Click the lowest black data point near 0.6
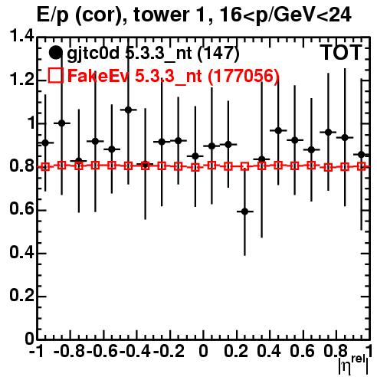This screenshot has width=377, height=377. (244, 211)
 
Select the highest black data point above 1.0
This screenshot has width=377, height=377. (128, 110)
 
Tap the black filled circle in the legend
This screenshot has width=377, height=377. (55, 53)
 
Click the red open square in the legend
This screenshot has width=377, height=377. (55, 75)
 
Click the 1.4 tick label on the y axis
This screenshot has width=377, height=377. (21, 37)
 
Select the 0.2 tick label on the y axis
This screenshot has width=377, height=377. (21, 296)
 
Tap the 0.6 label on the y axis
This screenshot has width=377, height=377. (21, 209)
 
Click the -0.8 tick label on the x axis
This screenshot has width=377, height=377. (70, 351)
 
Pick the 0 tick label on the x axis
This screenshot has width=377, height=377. (203, 351)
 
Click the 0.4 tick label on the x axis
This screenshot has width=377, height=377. (269, 351)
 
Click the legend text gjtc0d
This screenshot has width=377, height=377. (93, 54)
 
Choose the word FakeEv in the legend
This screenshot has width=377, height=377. (97, 76)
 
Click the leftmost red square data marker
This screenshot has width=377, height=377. (45, 167)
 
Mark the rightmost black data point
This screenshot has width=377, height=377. (361, 155)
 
